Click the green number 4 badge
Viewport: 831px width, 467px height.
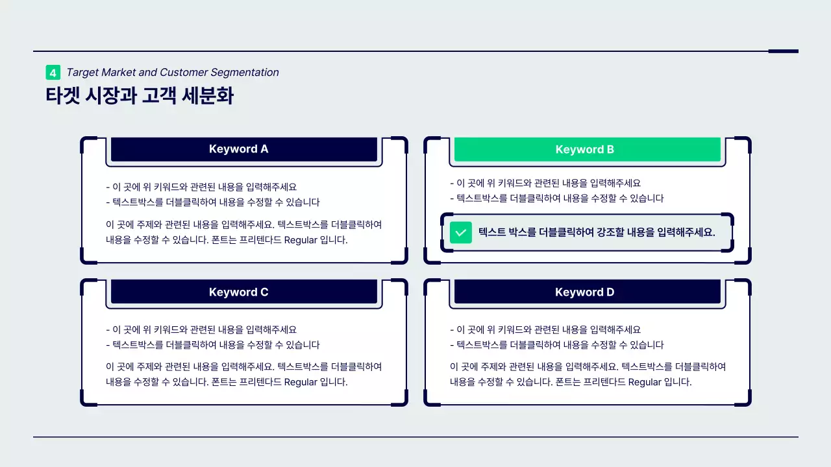tap(53, 73)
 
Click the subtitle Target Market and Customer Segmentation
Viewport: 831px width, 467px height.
tap(172, 73)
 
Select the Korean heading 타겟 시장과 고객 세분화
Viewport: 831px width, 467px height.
tap(140, 96)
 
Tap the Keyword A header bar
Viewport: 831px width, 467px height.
tap(244, 149)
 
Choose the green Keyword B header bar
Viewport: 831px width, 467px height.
tap(587, 150)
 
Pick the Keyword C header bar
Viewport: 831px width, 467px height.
tap(244, 292)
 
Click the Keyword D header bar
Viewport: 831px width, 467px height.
tap(587, 292)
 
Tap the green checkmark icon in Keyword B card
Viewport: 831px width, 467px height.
tap(461, 232)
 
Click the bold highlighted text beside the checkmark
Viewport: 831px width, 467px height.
tap(597, 232)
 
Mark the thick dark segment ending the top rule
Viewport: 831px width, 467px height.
tap(783, 51)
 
